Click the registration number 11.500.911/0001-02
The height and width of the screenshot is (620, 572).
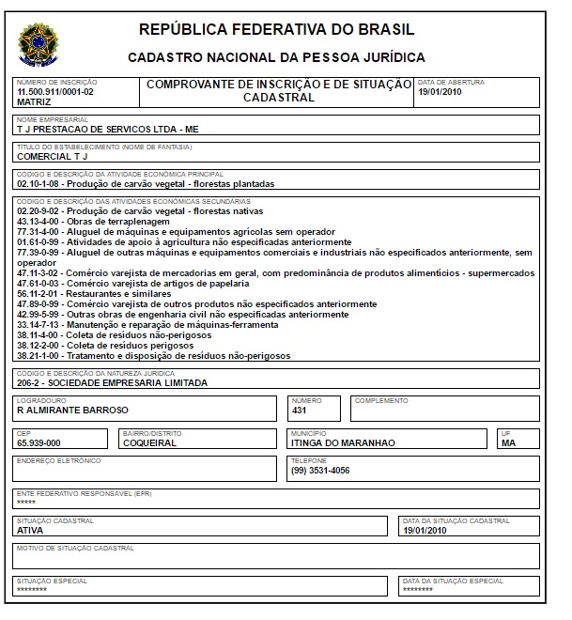[55, 92]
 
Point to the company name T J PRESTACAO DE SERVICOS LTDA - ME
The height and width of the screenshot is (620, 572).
[109, 129]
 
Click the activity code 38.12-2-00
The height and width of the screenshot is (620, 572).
[39, 346]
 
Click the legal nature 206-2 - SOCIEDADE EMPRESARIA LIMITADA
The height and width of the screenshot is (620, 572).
[112, 383]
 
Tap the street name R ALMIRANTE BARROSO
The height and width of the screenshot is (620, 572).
[72, 410]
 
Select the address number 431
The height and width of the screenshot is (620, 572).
[300, 410]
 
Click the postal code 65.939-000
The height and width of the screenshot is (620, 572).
[39, 442]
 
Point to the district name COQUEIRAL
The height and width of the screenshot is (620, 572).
[149, 442]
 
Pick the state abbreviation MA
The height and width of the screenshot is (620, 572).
[508, 442]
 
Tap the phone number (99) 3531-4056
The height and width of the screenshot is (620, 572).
[320, 471]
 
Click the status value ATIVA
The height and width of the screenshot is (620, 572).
[30, 530]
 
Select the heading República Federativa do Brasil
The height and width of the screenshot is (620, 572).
[276, 30]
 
